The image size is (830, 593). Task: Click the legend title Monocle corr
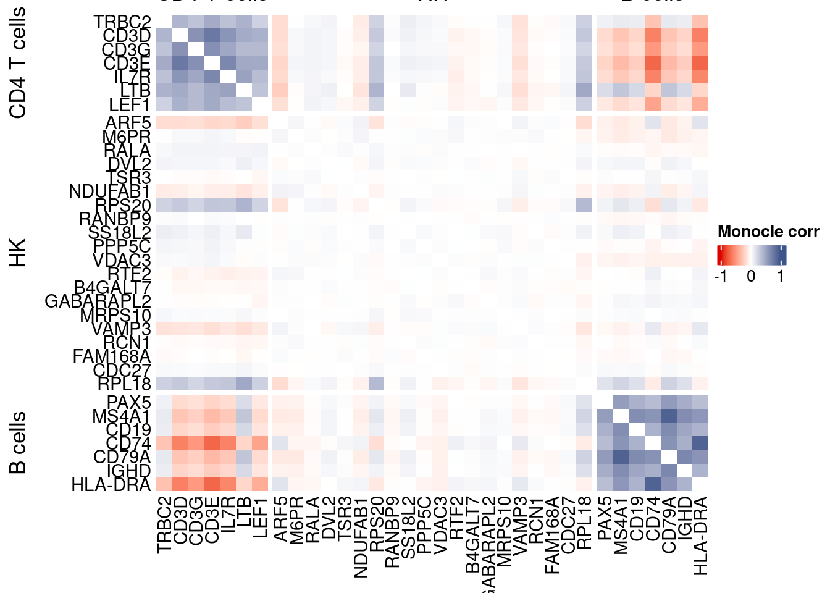768,232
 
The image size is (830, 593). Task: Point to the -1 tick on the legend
720,276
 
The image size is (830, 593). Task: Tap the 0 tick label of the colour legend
751,276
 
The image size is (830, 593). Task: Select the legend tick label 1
781,276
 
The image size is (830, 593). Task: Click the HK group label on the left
19,252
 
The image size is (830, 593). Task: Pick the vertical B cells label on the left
19,442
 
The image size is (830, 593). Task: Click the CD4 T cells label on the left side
19,63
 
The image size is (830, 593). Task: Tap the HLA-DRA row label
111,485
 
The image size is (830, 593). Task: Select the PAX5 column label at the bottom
605,519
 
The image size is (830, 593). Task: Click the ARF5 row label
128,122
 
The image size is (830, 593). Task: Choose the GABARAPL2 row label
98,301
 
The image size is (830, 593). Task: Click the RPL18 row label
124,384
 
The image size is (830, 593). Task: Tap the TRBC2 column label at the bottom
164,524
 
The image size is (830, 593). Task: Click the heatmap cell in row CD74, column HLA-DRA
700,443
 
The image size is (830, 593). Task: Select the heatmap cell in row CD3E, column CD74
652,63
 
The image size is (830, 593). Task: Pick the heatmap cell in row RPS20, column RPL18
584,204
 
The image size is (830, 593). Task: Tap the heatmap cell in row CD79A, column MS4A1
620,456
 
